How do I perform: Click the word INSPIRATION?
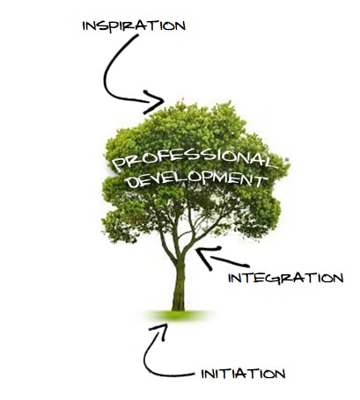point(134,25)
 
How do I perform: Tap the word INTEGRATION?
point(286,278)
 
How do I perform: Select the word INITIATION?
point(243,374)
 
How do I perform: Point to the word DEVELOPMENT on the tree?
point(197,178)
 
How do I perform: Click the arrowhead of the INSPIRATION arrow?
point(154,102)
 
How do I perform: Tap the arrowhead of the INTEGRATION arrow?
point(208,257)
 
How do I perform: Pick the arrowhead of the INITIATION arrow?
point(160,331)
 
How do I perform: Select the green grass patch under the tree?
point(178,316)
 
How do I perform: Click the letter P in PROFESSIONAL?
point(119,165)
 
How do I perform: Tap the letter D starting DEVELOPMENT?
point(132,182)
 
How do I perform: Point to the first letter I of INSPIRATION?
point(84,26)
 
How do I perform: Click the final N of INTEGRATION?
point(338,279)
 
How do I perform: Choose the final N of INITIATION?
point(280,374)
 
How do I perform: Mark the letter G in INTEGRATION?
point(268,279)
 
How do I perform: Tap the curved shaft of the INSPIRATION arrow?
point(107,70)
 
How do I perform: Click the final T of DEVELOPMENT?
point(261,181)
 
